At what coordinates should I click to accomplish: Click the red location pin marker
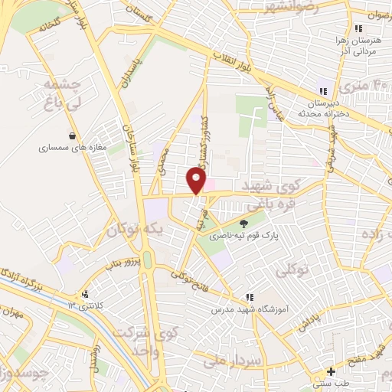[197, 180]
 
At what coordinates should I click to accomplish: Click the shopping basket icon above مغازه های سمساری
[71, 136]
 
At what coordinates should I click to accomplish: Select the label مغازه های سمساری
[73, 149]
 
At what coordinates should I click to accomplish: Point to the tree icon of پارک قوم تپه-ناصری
[243, 224]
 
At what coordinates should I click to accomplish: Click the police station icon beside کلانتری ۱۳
[86, 293]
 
